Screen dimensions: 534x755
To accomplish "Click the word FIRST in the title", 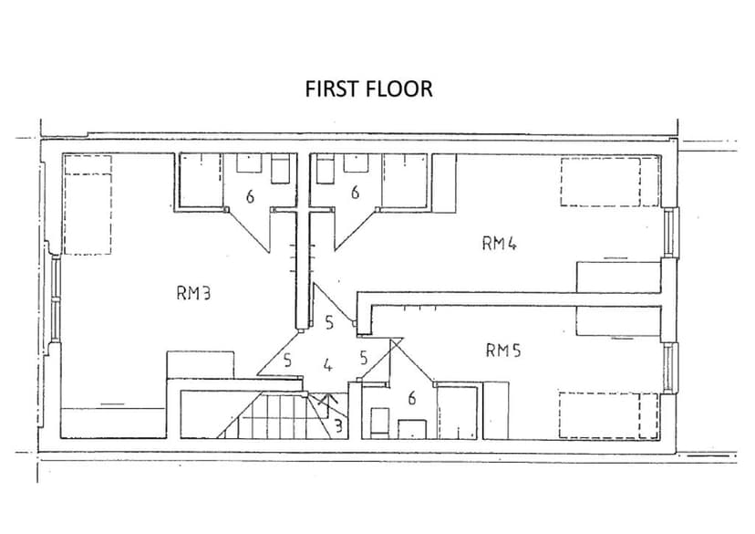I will pos(333,89).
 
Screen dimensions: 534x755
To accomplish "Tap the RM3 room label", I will pos(193,293).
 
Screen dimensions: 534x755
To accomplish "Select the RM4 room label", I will pos(500,243).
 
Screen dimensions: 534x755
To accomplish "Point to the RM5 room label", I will pos(502,350).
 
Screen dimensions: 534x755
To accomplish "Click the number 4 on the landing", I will pos(327,367).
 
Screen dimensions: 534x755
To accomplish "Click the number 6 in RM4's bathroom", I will pos(355,193).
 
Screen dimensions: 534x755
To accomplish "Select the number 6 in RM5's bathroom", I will pos(412,398).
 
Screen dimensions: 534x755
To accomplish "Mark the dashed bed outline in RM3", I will pos(87,204).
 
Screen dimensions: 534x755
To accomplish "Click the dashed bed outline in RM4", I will pos(609,182).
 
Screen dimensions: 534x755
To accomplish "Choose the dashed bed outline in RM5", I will pos(608,416).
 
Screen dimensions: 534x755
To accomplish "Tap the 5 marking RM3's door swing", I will pos(287,361).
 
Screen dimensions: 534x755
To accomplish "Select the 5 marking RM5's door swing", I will pos(363,358).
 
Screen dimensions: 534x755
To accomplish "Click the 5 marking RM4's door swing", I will pos(330,322).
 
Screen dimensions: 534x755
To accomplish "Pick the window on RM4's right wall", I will pos(671,234).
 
